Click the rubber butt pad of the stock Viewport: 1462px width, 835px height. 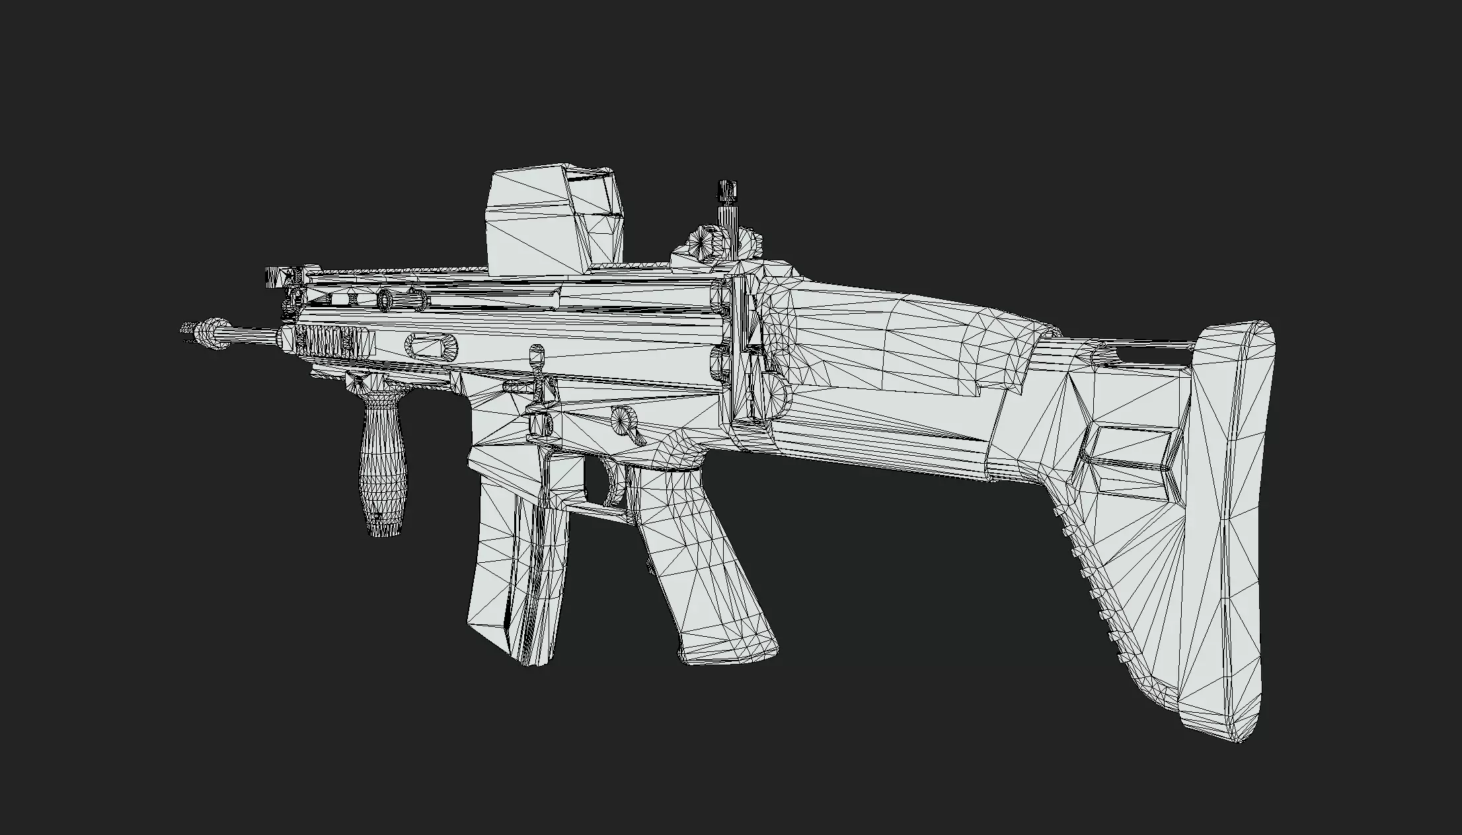tap(1229, 528)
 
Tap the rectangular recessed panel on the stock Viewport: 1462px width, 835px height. tap(1124, 456)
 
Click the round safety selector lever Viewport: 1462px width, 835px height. tap(624, 419)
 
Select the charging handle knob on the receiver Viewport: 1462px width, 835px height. tap(537, 357)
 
